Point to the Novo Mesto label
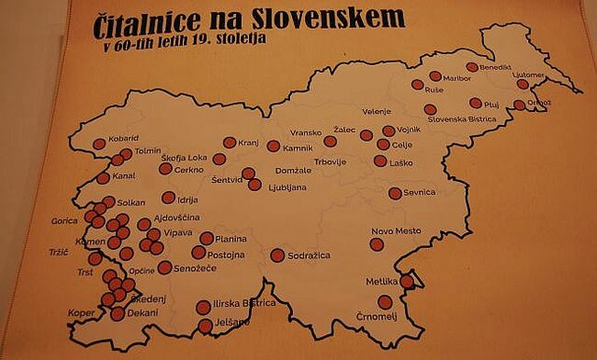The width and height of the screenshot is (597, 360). pos(396,230)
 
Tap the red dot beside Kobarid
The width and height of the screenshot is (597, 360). pos(100,144)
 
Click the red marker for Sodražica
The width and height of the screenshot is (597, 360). pos(277,255)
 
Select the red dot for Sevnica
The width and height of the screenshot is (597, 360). pos(396,193)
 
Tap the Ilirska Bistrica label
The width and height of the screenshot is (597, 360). pos(245,303)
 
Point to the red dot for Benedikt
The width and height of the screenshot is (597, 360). pos(472,67)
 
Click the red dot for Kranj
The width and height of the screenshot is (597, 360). pos(229,143)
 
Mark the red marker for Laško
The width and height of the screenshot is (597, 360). pos(380,160)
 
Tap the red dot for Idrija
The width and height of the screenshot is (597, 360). pos(169,198)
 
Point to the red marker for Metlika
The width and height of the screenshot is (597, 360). pos(407,281)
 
